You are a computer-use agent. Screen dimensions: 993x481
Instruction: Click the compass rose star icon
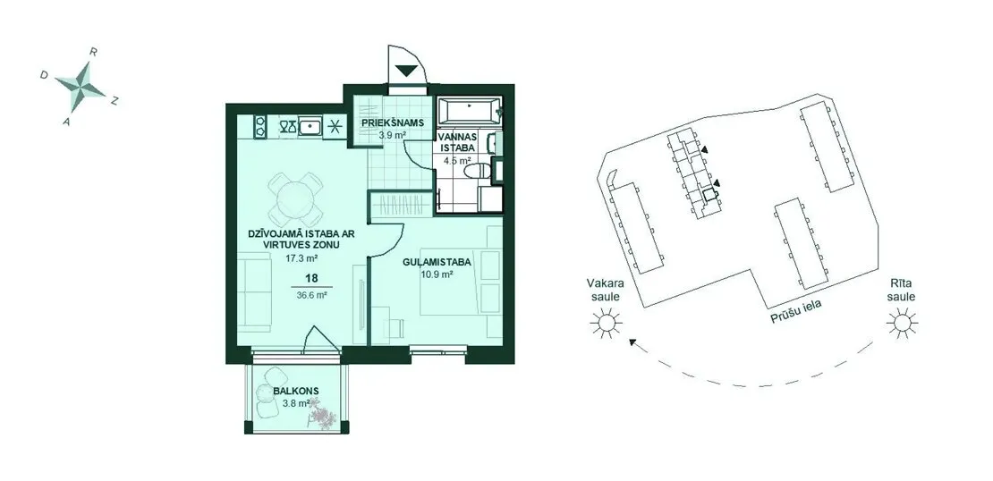tap(80, 85)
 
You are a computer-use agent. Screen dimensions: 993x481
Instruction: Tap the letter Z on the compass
tap(114, 101)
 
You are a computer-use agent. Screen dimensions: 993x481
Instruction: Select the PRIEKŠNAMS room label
tap(392, 122)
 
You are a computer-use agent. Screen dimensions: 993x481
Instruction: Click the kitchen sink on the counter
tap(309, 127)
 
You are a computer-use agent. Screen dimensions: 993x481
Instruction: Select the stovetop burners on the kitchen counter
tap(260, 126)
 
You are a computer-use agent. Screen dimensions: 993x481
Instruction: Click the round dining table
tap(295, 199)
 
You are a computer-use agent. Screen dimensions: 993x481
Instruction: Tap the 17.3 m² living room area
tap(301, 258)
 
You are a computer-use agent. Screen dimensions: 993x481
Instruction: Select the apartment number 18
tap(311, 278)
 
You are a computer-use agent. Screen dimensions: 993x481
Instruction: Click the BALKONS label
tap(296, 391)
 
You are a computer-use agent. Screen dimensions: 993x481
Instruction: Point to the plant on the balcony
tap(324, 417)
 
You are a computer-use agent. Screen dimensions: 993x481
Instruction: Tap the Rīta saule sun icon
tap(902, 323)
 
